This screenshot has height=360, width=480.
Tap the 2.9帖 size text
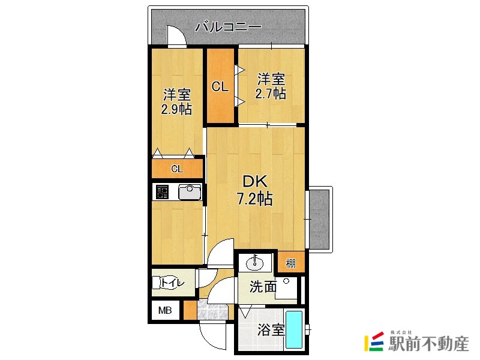(x=176, y=109)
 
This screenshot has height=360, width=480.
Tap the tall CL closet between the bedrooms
(x=220, y=86)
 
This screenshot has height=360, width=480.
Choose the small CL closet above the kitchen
(x=177, y=169)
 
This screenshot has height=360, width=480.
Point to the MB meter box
(x=164, y=311)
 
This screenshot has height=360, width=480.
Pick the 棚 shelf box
(x=290, y=263)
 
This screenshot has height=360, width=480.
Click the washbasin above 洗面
(x=256, y=263)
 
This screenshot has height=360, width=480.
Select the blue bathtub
(x=293, y=329)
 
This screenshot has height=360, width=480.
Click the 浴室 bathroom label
(x=271, y=330)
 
